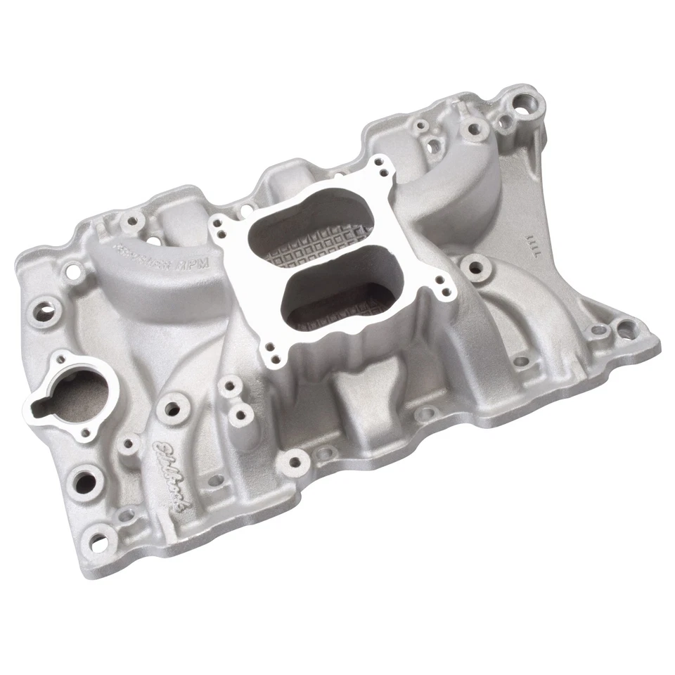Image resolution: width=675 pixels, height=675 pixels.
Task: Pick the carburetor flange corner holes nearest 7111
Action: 441,283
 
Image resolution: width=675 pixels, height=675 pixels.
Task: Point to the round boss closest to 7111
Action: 477,266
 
